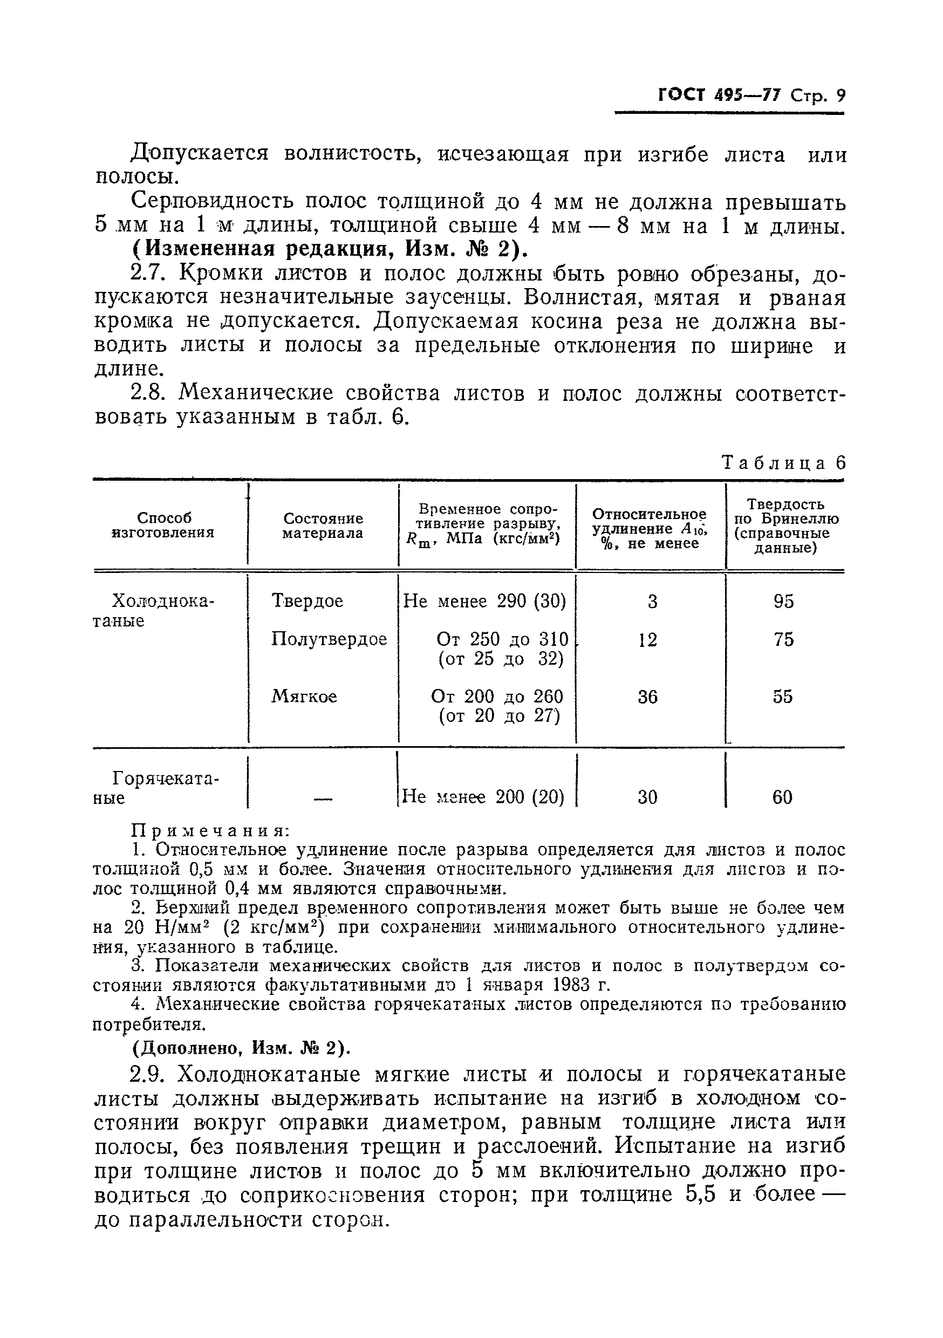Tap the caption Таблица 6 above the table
coord(783,463)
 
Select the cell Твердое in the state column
coord(307,601)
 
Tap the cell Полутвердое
coord(329,639)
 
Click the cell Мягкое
coord(304,697)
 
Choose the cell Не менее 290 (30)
coord(484,601)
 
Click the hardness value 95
coord(783,602)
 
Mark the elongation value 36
coord(647,697)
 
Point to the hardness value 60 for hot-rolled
coord(782,797)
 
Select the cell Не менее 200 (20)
coord(483,797)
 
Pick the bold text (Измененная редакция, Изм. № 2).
coord(330,249)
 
